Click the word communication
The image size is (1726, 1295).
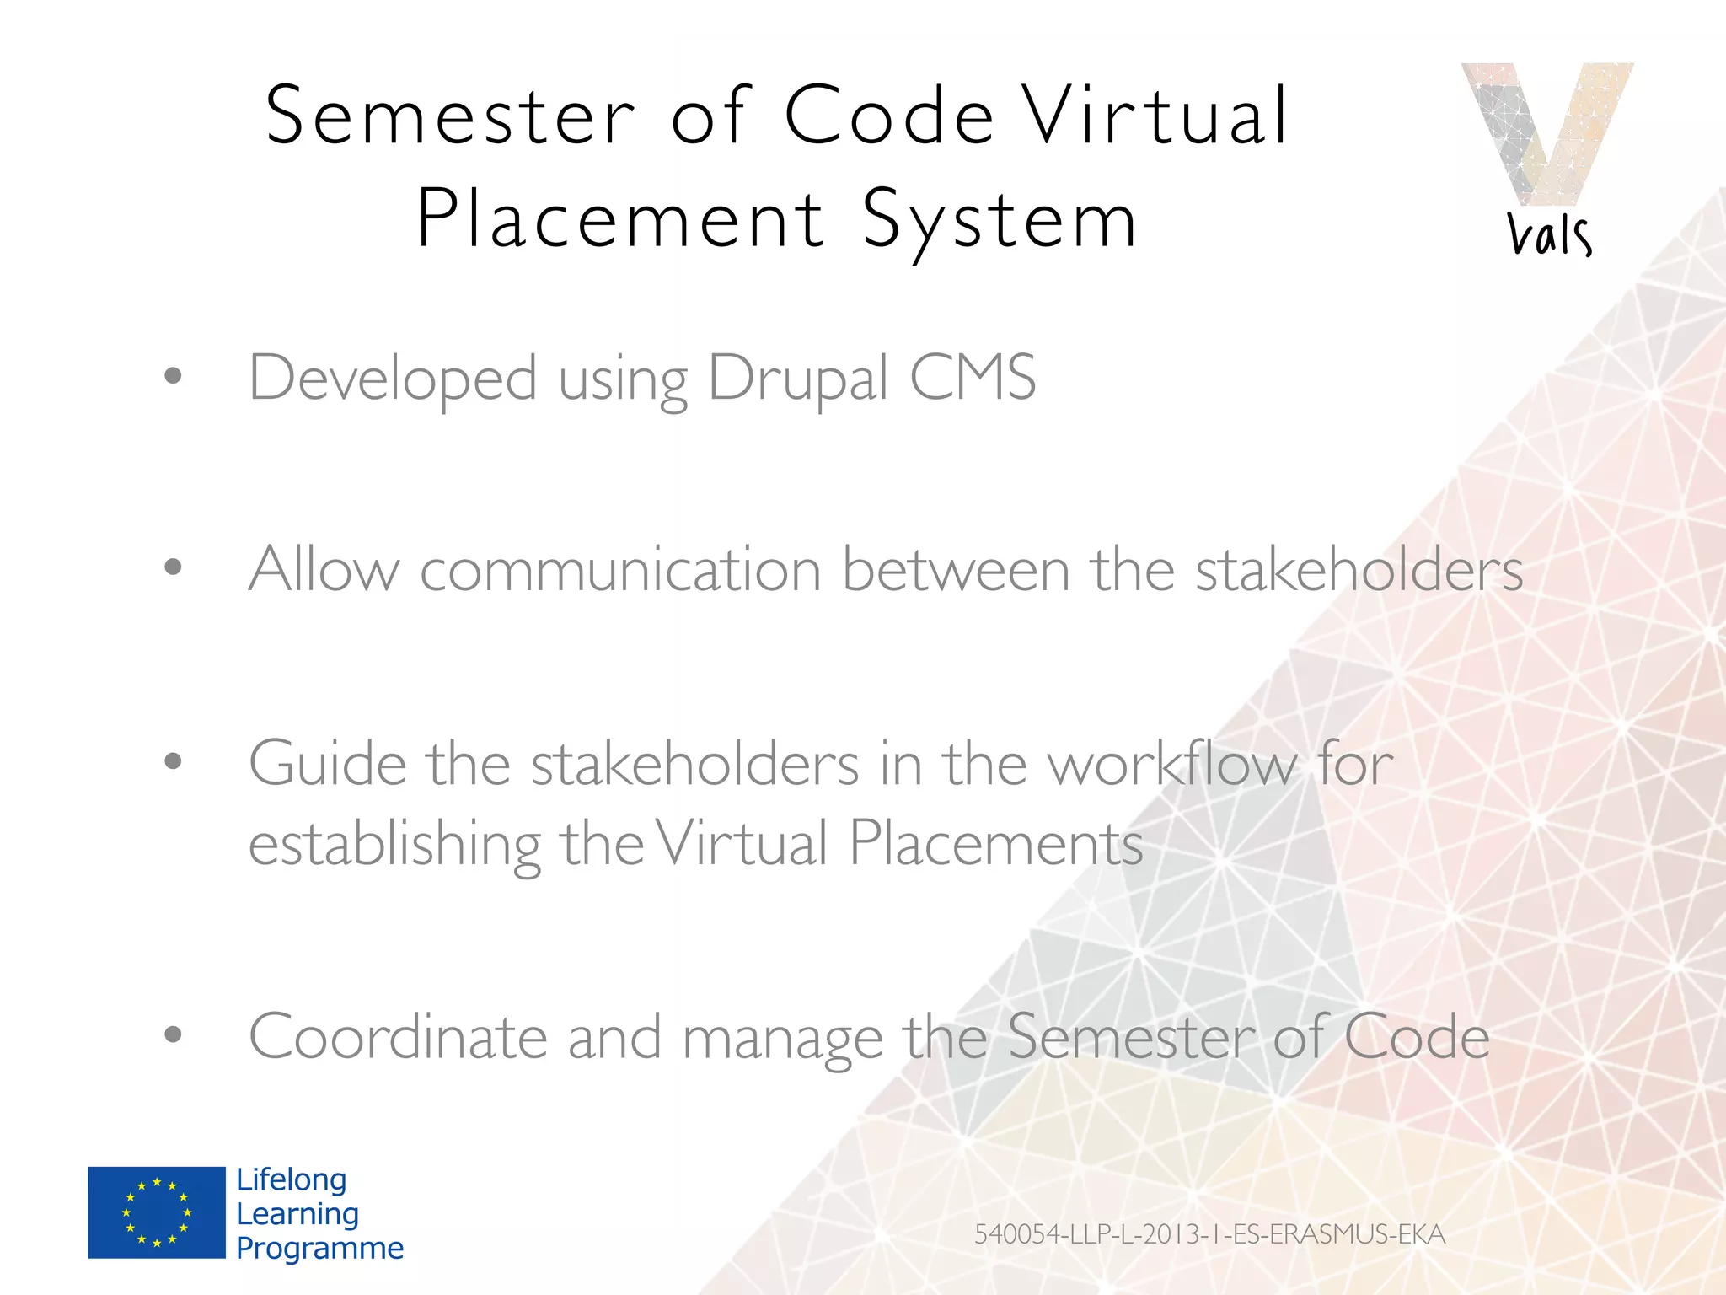point(620,570)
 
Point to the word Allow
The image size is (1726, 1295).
point(324,570)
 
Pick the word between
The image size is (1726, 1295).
point(956,570)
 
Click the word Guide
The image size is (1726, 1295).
point(327,764)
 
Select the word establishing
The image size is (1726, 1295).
point(394,845)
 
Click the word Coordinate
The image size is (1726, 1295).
point(398,1037)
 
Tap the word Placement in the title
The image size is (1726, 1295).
point(620,219)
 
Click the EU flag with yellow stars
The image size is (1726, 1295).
point(157,1212)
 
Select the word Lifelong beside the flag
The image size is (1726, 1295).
point(291,1179)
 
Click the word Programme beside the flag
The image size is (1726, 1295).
point(319,1248)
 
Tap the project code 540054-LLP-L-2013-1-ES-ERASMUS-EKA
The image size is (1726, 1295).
point(1209,1234)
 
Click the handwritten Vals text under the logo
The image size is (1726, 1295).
point(1549,234)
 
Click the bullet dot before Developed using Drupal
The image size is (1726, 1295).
point(173,376)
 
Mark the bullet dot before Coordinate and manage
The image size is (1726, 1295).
point(173,1034)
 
